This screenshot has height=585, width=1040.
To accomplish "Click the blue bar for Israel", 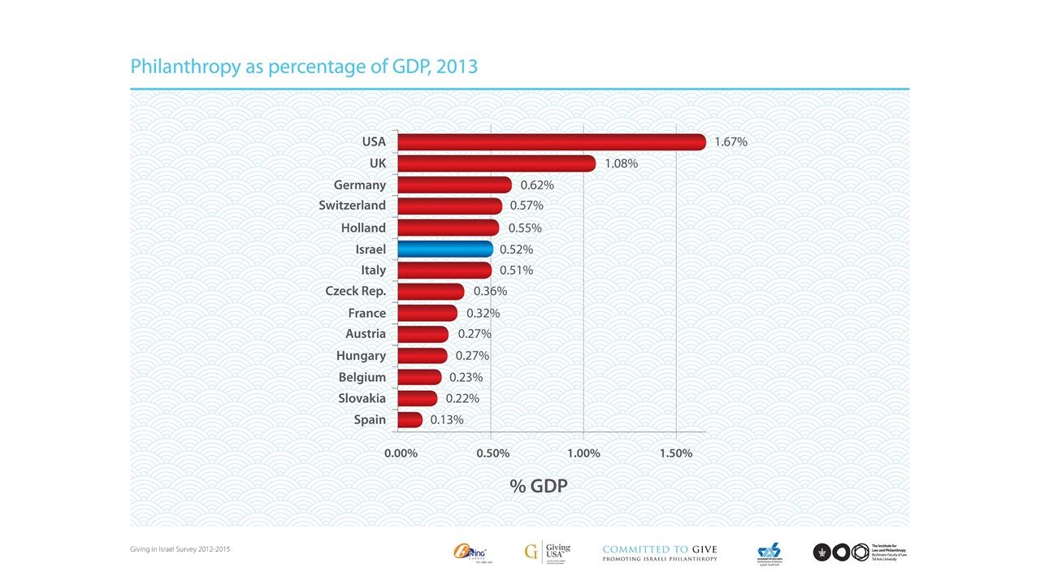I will pos(445,249).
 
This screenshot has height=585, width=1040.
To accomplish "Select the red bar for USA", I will pos(552,142).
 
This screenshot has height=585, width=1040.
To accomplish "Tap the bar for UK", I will pos(496,163).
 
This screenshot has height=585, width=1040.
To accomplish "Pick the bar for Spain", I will pos(410,419).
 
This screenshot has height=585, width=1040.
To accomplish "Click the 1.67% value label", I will pos(730,142).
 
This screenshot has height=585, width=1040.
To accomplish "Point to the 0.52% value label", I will pos(517,249).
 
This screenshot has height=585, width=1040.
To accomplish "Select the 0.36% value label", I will pos(490,291).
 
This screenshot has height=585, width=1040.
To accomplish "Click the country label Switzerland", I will pos(352,206).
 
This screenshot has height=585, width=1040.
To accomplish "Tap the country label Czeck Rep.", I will pos(355,291).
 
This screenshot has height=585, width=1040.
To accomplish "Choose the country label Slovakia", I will pos(362,398).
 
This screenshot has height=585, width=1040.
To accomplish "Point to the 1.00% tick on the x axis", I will pos(583,453).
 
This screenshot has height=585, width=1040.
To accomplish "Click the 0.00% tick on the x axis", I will pos(401,453).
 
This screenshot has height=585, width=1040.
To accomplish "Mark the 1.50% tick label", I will pos(676,453).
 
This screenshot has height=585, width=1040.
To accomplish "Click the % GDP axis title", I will pos(538,486).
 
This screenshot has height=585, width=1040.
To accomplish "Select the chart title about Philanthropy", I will pos(304,67).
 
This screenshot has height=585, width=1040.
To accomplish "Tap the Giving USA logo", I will pos(548,552).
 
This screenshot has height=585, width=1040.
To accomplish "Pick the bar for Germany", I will pos(454,184).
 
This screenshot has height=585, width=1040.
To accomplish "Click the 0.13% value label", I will pos(447,420).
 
